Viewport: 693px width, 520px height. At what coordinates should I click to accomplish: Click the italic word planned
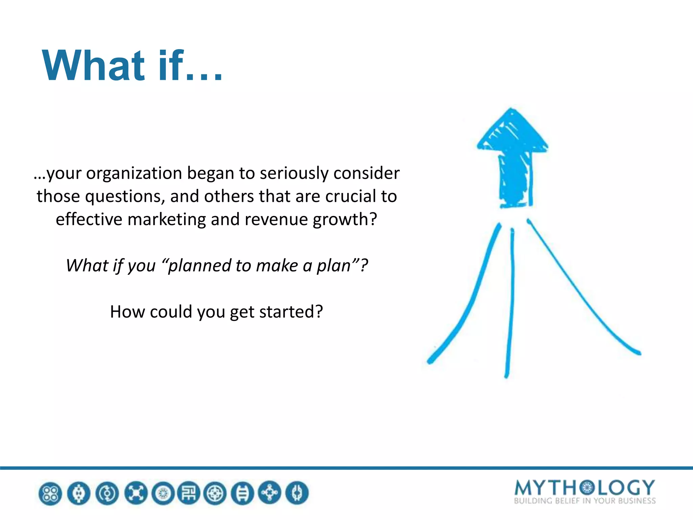[199, 266]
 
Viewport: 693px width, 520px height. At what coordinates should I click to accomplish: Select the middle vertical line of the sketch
[510, 305]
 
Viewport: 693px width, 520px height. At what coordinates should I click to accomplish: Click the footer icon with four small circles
[50, 493]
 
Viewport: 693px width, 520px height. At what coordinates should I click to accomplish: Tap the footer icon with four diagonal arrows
[136, 493]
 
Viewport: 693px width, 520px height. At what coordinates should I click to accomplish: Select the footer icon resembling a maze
[189, 493]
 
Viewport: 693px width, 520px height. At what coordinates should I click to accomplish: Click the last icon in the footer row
[297, 493]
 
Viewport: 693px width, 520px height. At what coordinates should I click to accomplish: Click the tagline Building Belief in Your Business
[584, 501]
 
